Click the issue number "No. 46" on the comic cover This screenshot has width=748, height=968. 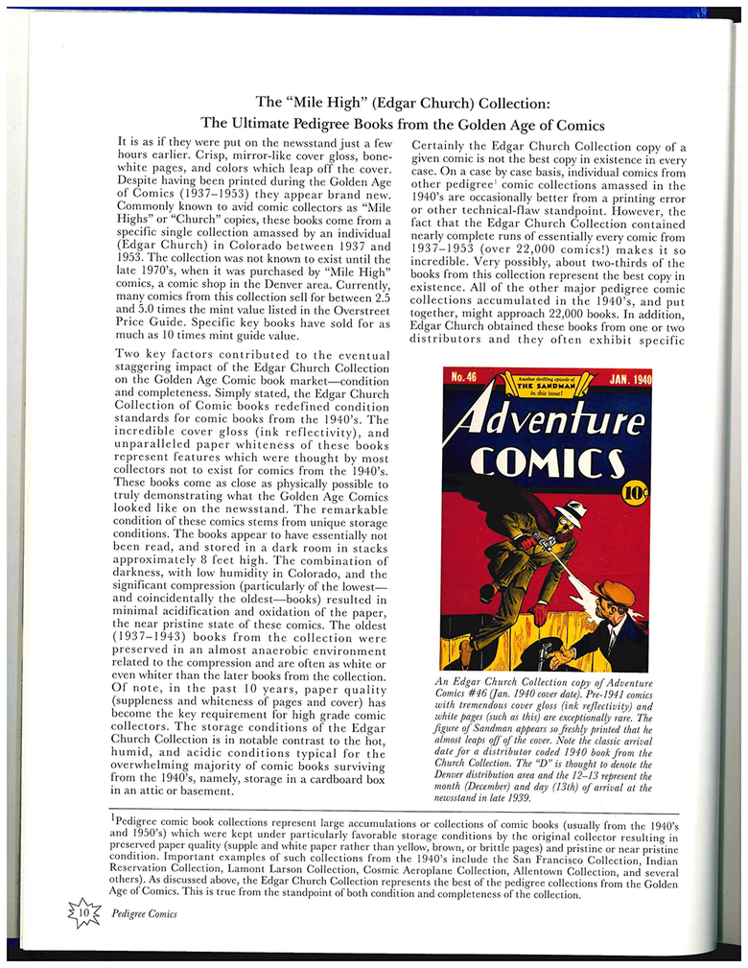click(464, 378)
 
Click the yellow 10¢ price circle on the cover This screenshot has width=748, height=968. click(635, 493)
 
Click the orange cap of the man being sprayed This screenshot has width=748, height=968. click(614, 593)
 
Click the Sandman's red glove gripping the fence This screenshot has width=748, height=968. click(541, 612)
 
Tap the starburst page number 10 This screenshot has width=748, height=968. click(84, 912)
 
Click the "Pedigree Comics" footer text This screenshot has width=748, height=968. click(144, 913)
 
